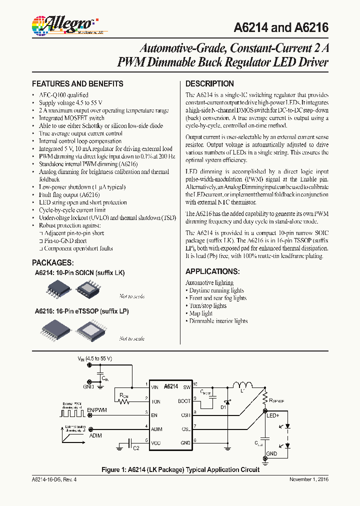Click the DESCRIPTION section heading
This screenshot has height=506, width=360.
209,83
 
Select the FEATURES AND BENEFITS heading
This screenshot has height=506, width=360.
77,83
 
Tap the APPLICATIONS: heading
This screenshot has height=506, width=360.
212,271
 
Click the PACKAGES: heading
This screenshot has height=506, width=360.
53,262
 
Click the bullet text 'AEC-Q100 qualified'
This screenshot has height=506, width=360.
63,95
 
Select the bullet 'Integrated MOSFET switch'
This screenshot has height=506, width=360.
71,118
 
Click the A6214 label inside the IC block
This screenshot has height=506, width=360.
171,386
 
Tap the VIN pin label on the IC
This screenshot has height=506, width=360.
155,386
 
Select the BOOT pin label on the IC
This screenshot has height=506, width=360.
183,401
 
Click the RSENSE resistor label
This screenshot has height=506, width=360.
276,400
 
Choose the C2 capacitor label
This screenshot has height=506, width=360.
136,448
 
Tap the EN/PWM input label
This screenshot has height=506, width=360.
97,410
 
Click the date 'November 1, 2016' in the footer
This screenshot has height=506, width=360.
309,479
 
